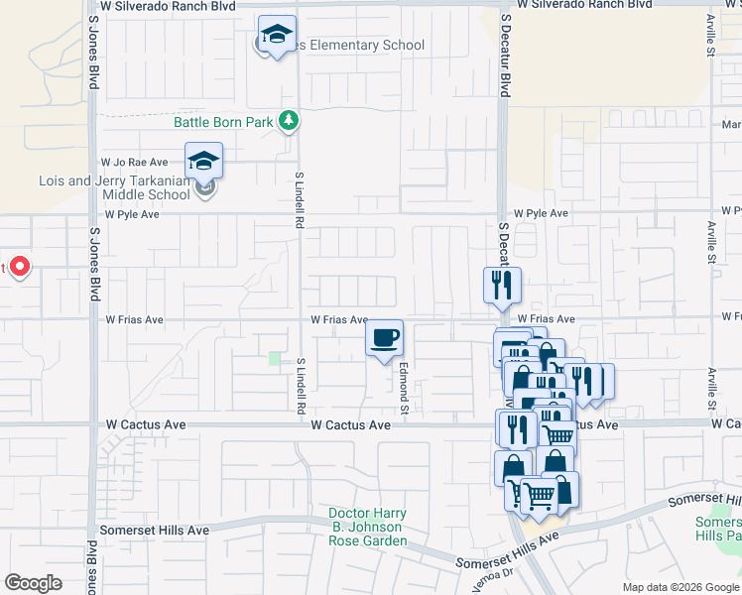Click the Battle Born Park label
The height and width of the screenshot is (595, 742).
(x=222, y=122)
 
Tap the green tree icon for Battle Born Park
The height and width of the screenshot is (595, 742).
(x=289, y=121)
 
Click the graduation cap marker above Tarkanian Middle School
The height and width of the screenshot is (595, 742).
(x=204, y=161)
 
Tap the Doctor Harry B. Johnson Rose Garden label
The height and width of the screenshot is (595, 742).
(x=368, y=528)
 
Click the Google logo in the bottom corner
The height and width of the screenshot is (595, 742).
(x=33, y=583)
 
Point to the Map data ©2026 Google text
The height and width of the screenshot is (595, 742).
(x=680, y=587)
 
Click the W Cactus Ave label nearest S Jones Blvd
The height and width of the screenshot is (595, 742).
(x=146, y=424)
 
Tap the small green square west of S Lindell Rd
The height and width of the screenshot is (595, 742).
(x=275, y=358)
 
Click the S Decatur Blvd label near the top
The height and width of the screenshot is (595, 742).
(x=505, y=55)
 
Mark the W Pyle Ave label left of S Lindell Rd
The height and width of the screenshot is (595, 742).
(x=132, y=214)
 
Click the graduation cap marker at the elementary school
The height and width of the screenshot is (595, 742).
(x=278, y=35)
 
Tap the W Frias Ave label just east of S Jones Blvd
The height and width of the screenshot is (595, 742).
(x=134, y=320)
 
